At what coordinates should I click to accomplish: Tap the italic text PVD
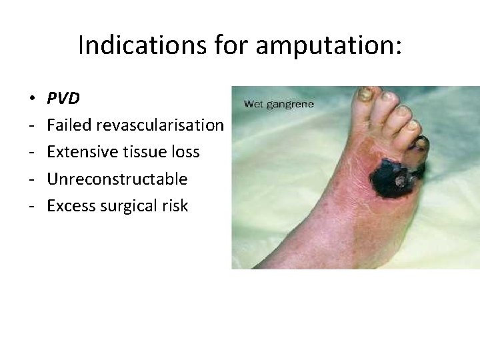(63, 99)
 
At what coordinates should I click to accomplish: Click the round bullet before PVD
(33, 99)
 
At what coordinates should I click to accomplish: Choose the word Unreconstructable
(117, 179)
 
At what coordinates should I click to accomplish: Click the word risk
(176, 206)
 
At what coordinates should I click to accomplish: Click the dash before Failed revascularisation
(33, 125)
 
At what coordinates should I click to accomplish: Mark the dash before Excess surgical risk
(33, 206)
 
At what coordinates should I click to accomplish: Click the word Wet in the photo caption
(254, 104)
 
